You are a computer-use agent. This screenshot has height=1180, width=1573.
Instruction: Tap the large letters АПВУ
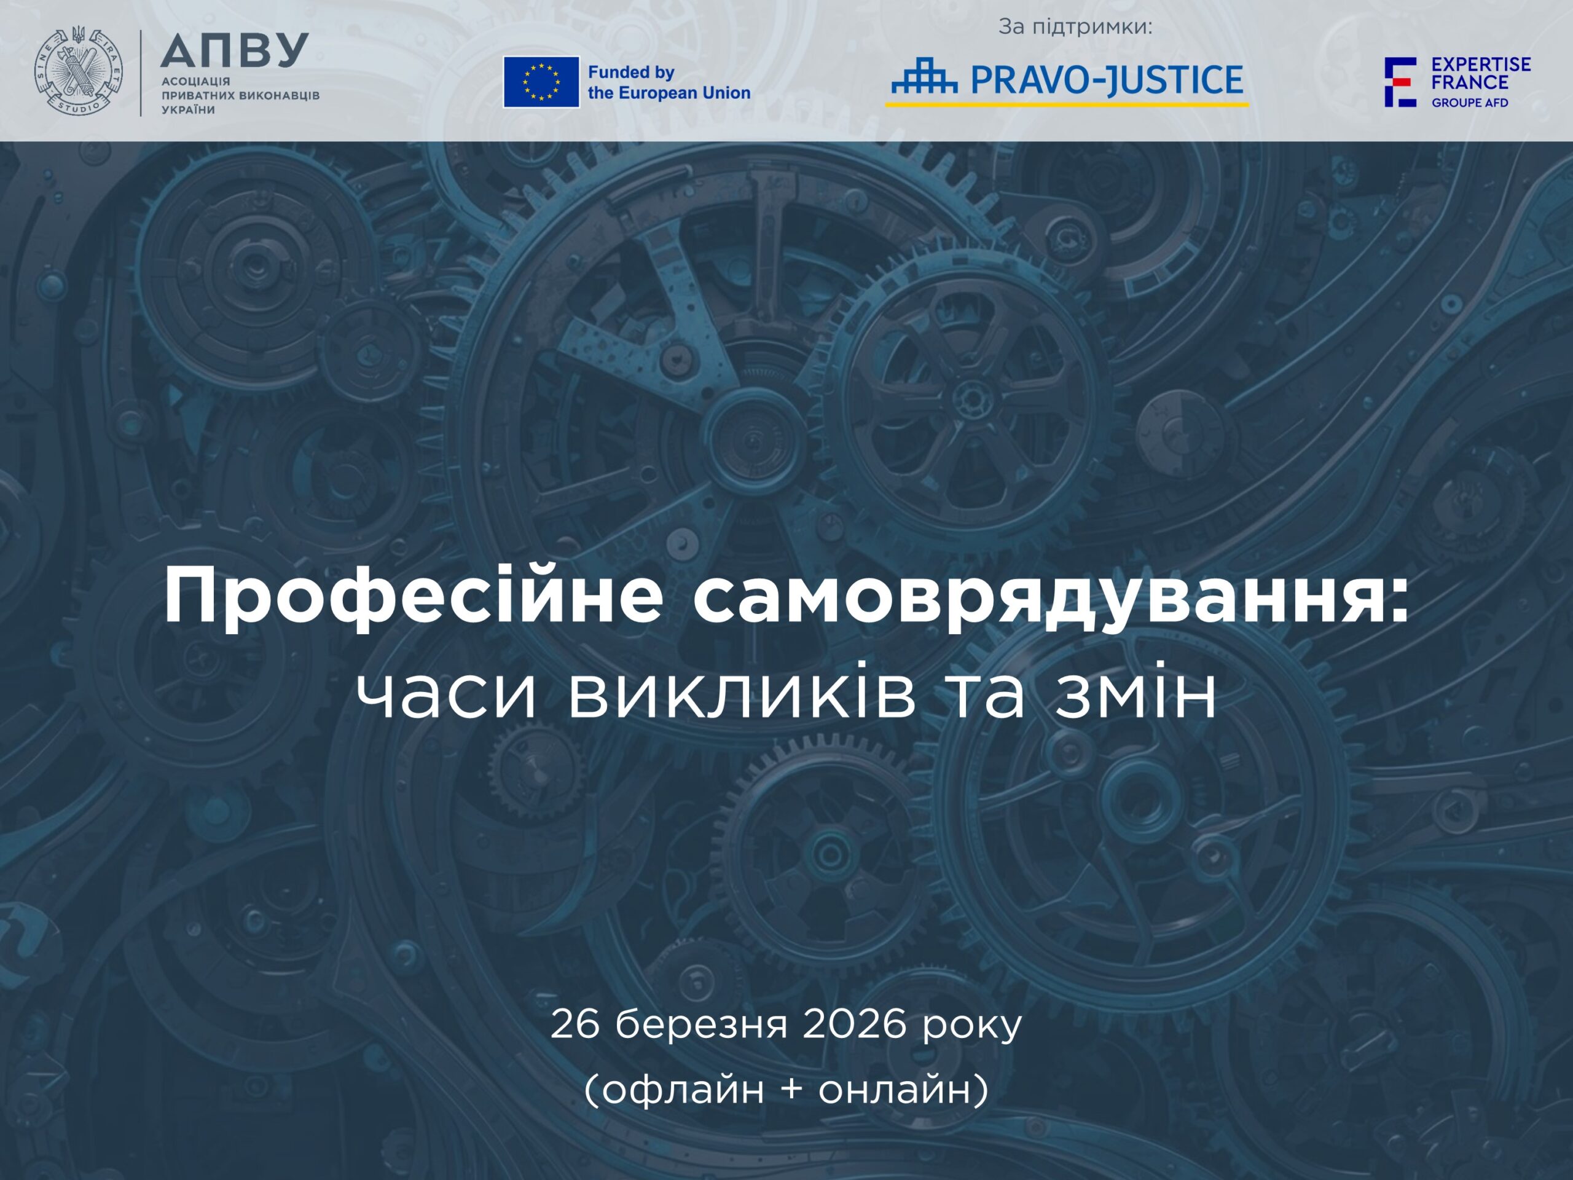click(x=234, y=50)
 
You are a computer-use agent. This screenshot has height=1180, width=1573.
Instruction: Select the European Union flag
click(x=541, y=82)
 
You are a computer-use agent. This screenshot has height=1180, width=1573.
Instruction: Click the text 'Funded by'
click(x=631, y=72)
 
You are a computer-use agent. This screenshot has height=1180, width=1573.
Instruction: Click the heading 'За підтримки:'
click(x=1075, y=28)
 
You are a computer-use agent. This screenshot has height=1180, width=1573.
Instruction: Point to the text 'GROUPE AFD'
click(x=1470, y=103)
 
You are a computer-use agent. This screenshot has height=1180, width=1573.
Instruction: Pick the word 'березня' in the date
click(x=701, y=1025)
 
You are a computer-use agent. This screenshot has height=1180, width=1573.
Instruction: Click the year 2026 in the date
click(x=855, y=1025)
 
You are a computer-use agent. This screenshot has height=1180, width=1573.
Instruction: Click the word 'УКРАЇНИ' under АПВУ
click(x=189, y=109)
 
